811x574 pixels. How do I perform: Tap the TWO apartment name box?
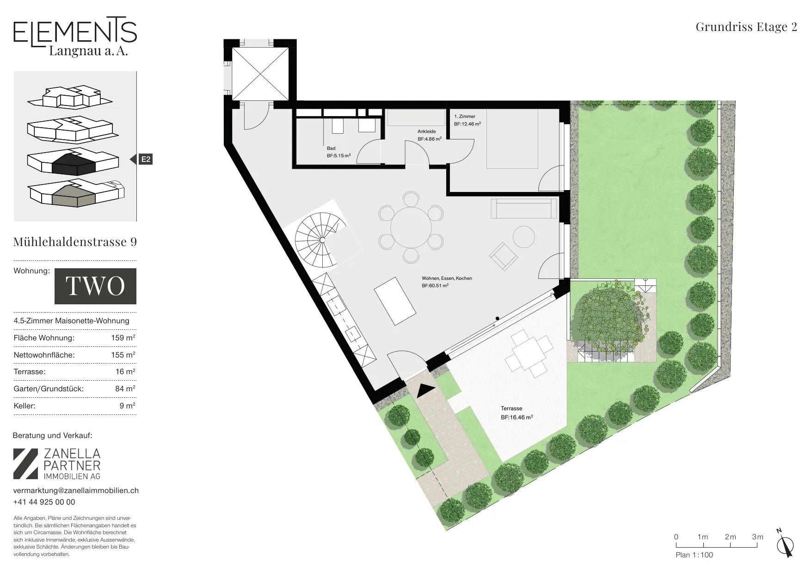95,286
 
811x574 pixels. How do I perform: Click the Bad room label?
331,148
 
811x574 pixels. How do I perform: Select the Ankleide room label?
426,131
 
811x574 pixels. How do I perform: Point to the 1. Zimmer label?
465,117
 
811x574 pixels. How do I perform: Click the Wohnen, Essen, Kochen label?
447,278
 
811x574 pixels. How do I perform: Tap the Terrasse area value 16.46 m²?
517,417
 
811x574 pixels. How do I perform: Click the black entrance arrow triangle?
426,391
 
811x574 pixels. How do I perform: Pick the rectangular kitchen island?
395,301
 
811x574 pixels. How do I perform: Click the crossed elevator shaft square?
260,74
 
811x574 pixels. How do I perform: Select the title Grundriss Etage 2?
746,27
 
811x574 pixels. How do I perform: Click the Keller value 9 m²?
127,406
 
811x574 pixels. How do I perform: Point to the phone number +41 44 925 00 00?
44,502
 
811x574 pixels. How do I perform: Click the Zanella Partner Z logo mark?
25,463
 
